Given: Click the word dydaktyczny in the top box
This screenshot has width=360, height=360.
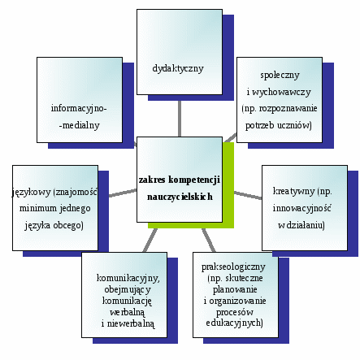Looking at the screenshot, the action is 178,68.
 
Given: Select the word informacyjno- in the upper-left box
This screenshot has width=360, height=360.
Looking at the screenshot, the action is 79,108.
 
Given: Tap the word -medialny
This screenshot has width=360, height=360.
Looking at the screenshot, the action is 80,125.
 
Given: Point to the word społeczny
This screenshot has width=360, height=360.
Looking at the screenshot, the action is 280,75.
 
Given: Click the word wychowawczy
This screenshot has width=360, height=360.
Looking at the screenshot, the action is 281,92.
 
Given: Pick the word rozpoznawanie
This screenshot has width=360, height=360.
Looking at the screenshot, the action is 288,109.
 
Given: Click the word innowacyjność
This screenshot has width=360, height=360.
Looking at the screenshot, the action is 301,208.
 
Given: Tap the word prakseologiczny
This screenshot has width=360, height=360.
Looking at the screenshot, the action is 233,267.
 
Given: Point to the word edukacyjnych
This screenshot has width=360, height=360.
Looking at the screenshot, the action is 233,323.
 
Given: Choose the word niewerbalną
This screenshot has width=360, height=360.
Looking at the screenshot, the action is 131,323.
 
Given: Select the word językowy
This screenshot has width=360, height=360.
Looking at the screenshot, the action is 32,193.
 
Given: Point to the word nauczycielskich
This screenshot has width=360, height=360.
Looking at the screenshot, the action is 180,197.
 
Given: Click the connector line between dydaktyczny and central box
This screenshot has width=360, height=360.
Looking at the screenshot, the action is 180,119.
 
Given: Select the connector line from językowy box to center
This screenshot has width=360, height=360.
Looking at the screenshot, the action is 123,193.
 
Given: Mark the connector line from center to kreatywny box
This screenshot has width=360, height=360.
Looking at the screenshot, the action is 248,195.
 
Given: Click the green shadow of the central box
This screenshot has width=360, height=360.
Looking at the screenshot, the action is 228,184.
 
